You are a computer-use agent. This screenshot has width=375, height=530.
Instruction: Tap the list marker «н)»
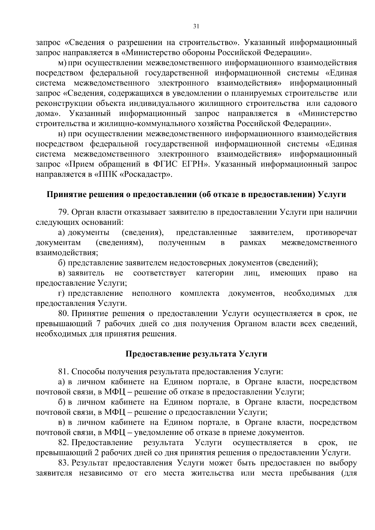coord(62,134)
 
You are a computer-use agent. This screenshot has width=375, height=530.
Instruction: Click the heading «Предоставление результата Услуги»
coord(196,354)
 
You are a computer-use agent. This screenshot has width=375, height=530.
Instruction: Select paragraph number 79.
coord(63,212)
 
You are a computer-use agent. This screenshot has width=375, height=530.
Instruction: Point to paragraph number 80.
coord(63,313)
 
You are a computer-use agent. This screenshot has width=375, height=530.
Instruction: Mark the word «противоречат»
coord(331,233)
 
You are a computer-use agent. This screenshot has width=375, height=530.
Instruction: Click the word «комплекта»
coord(199,293)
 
